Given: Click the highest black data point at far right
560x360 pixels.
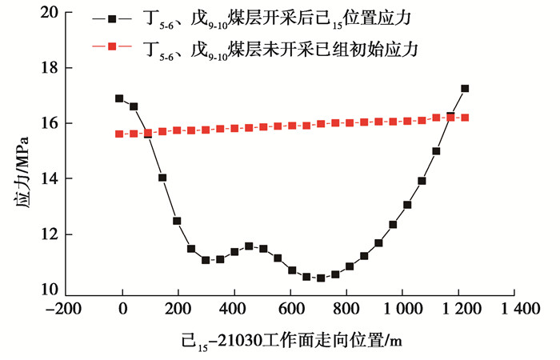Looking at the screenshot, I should (x=465, y=88).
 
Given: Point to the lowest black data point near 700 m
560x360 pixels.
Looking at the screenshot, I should (x=321, y=278).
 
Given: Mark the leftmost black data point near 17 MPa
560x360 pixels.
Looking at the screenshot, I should (x=119, y=98).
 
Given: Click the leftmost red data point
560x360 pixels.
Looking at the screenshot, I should (x=119, y=134).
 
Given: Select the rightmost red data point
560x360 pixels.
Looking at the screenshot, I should (x=465, y=118).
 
